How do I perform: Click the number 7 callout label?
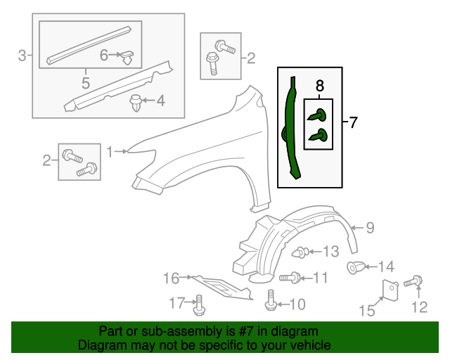[x=353, y=123]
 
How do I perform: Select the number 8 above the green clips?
[x=320, y=86]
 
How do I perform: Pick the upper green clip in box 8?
[x=318, y=115]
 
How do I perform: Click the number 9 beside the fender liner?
[x=370, y=227]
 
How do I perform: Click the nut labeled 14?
[x=356, y=266]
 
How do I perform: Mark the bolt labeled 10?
[x=271, y=303]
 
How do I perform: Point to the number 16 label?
[x=172, y=278]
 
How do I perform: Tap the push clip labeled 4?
[x=136, y=104]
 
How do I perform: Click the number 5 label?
[x=85, y=82]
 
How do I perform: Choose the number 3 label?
[x=22, y=55]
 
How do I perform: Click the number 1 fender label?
[x=110, y=150]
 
